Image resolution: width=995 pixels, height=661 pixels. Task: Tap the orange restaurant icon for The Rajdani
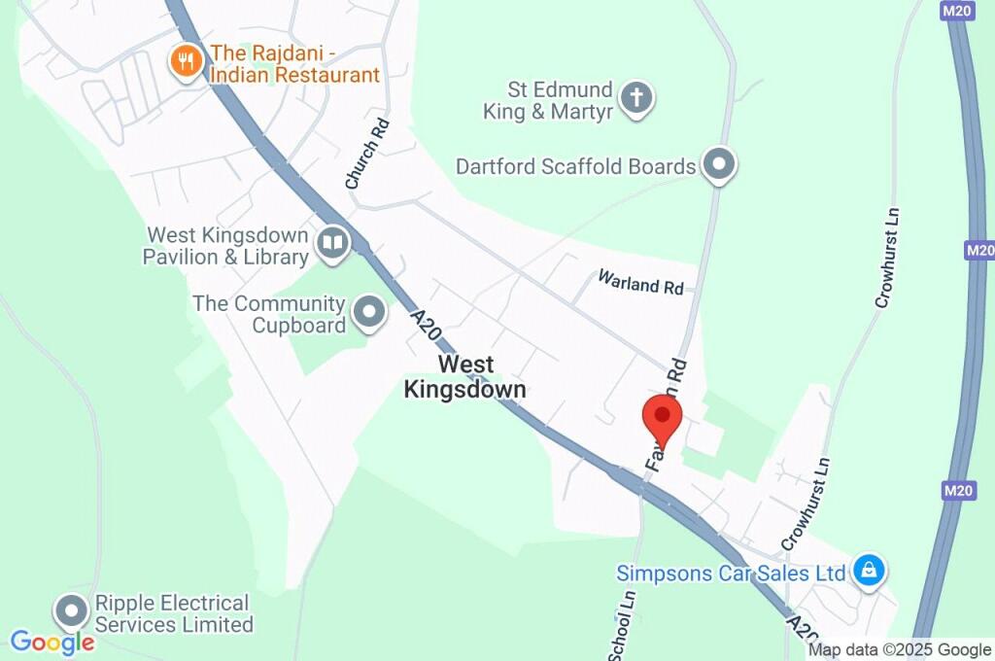[x=185, y=62]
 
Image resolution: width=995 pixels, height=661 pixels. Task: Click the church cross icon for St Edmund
[x=636, y=97]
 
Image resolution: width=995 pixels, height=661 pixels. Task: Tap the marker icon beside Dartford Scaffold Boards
[x=718, y=164]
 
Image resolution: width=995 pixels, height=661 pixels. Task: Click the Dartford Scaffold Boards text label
[x=576, y=167]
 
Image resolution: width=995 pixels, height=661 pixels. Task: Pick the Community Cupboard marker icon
[x=368, y=313]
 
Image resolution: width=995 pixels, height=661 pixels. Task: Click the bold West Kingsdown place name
[x=464, y=377]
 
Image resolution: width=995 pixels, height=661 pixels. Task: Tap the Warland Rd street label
[x=641, y=286]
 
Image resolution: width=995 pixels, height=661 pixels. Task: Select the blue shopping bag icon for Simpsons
[x=868, y=571]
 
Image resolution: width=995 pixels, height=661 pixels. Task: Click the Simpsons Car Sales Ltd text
[x=731, y=574]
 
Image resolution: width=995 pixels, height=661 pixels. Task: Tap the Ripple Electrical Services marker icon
[x=71, y=612]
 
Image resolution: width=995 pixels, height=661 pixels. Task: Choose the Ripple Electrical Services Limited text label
[x=173, y=614]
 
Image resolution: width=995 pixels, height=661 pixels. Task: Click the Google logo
[x=52, y=642]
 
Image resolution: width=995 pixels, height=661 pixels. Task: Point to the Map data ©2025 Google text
[x=900, y=650]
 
